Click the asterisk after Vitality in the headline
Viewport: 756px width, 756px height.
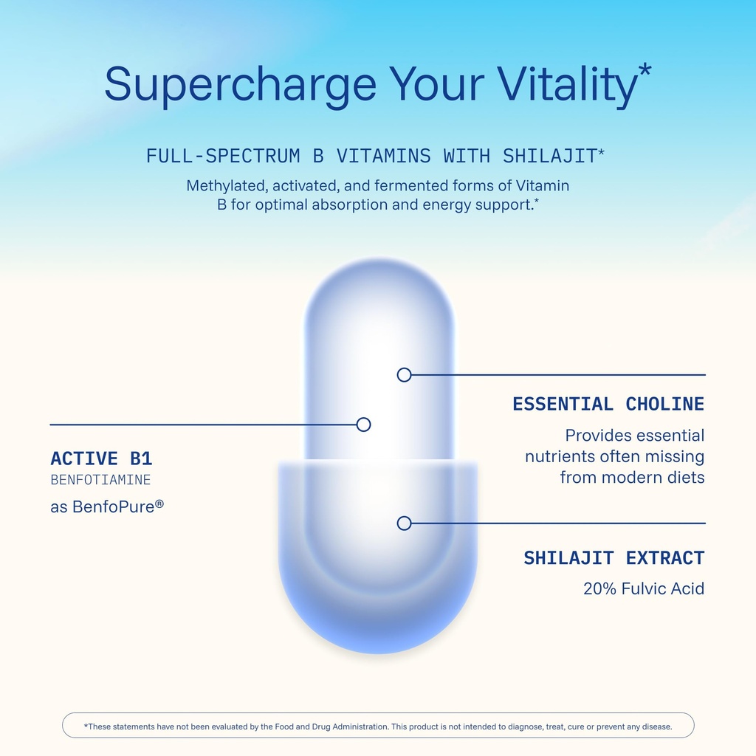(645, 70)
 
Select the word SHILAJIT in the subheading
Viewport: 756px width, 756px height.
(549, 156)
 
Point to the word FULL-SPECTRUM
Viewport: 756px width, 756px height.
(223, 156)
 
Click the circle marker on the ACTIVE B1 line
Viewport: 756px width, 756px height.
(363, 425)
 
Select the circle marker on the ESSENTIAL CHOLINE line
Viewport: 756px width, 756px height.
(404, 374)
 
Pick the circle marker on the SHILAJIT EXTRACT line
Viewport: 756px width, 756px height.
(404, 523)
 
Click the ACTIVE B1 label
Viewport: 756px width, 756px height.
(101, 458)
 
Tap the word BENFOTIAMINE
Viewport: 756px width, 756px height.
(100, 480)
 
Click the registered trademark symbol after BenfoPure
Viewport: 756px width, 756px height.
(159, 504)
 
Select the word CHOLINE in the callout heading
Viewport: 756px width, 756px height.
(665, 404)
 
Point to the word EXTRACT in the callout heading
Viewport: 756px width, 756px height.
(665, 558)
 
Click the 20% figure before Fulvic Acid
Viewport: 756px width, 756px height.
(599, 588)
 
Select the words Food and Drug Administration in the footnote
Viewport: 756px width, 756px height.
(331, 726)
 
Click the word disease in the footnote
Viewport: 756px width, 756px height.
(657, 726)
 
